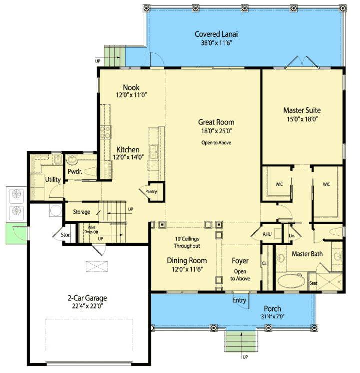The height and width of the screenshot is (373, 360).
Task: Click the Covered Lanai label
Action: [x=216, y=34]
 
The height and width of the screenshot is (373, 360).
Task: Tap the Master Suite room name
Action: [x=302, y=110]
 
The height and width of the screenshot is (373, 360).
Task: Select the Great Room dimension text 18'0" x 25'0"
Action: [x=216, y=131]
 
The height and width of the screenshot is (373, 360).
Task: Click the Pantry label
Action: [x=151, y=191]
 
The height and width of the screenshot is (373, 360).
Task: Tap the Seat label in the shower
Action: [x=313, y=283]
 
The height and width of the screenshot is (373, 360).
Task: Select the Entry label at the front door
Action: [x=239, y=300]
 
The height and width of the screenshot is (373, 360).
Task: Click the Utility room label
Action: [x=53, y=179]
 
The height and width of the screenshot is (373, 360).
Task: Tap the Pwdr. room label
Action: [x=68, y=171]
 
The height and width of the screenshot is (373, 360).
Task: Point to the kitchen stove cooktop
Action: [x=105, y=132]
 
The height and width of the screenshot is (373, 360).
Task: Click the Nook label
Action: [x=131, y=87]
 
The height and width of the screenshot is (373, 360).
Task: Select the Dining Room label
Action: [x=186, y=260]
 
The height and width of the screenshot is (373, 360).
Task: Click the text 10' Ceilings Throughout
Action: [x=186, y=242]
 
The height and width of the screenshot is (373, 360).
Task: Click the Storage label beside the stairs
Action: [x=81, y=212]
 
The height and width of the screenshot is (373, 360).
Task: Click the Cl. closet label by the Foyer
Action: [x=264, y=263]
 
